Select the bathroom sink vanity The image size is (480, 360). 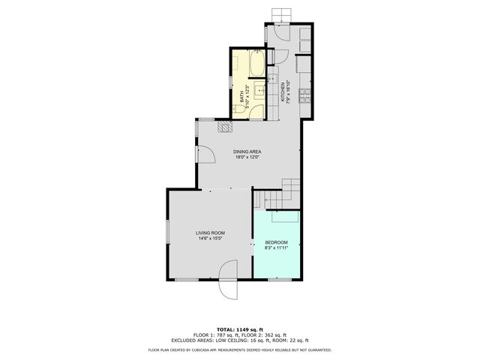[x=259, y=91]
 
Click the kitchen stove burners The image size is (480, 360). [x=304, y=95]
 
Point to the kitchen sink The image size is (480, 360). [x=274, y=78]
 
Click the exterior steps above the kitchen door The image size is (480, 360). [x=281, y=14]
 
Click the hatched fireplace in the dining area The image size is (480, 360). [x=224, y=126]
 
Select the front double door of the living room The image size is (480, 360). [x=227, y=283]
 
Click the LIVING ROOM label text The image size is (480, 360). [x=211, y=233]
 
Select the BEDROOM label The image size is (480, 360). [x=277, y=242]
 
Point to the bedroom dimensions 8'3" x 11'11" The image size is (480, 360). [x=277, y=248]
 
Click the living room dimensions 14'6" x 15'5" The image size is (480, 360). [x=211, y=239]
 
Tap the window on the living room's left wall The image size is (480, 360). [x=167, y=232]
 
